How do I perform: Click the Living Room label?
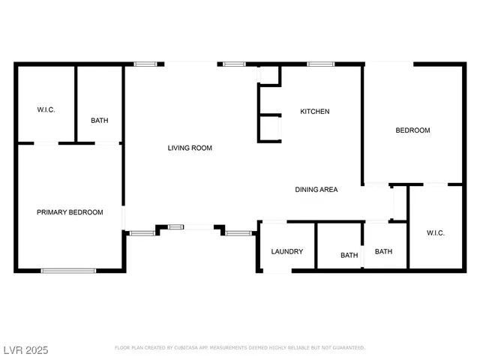point(189,148)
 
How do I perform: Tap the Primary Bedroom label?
point(70,213)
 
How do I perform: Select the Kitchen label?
point(314,112)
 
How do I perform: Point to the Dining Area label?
point(316,190)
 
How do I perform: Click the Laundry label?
point(286,251)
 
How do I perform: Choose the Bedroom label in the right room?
point(412,130)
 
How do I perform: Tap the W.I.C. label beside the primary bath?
point(46,110)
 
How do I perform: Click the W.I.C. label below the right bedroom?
point(435,233)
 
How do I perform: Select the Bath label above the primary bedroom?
point(99,121)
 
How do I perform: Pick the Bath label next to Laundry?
point(349,256)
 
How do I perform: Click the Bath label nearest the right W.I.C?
point(383,252)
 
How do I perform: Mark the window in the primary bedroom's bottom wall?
point(68,270)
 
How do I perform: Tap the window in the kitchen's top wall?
point(320,64)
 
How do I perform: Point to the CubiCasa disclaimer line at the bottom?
point(239,348)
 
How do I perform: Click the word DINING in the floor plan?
point(306,190)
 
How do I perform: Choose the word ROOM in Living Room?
point(202,148)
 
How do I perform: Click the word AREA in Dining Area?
point(329,190)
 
